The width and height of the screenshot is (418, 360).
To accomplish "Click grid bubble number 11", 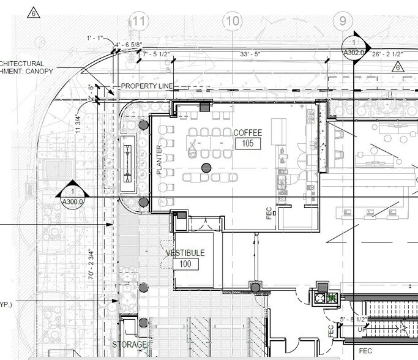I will tap(140, 21).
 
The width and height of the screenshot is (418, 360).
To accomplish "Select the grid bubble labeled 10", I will tap(233, 21).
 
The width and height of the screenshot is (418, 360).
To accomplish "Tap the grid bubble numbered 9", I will tap(342, 21).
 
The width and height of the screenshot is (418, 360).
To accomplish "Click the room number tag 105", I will tap(248, 144).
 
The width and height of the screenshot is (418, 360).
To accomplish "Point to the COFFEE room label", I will tap(247, 133).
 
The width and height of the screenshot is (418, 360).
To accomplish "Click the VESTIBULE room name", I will tap(185, 253).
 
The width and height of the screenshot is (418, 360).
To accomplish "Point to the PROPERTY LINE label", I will tap(147, 86).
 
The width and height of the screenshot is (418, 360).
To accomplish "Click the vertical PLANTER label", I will tap(160, 160).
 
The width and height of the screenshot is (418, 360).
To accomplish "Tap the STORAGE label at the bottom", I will tap(130, 345).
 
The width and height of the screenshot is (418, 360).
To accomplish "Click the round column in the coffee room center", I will tap(206, 167).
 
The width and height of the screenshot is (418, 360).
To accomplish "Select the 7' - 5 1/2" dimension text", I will tap(156, 55).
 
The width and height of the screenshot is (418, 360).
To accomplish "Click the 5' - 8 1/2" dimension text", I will tap(354, 320).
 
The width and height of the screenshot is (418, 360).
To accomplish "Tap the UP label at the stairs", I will tap(360, 329).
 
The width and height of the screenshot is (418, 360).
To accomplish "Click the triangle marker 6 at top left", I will tap(34, 12).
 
